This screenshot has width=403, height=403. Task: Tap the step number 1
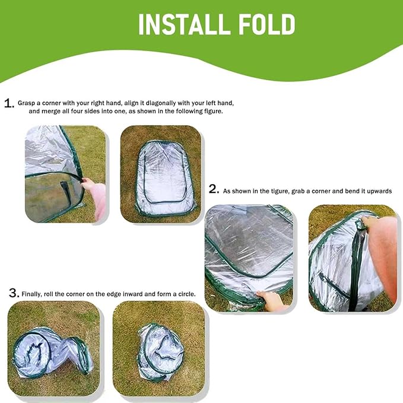[8, 103]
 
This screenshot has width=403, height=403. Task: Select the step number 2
[214, 189]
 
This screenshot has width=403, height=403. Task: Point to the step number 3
[13, 293]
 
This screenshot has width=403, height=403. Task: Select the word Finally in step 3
[32, 294]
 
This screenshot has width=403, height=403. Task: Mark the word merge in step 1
[46, 112]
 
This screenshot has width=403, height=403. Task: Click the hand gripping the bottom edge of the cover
[273, 300]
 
